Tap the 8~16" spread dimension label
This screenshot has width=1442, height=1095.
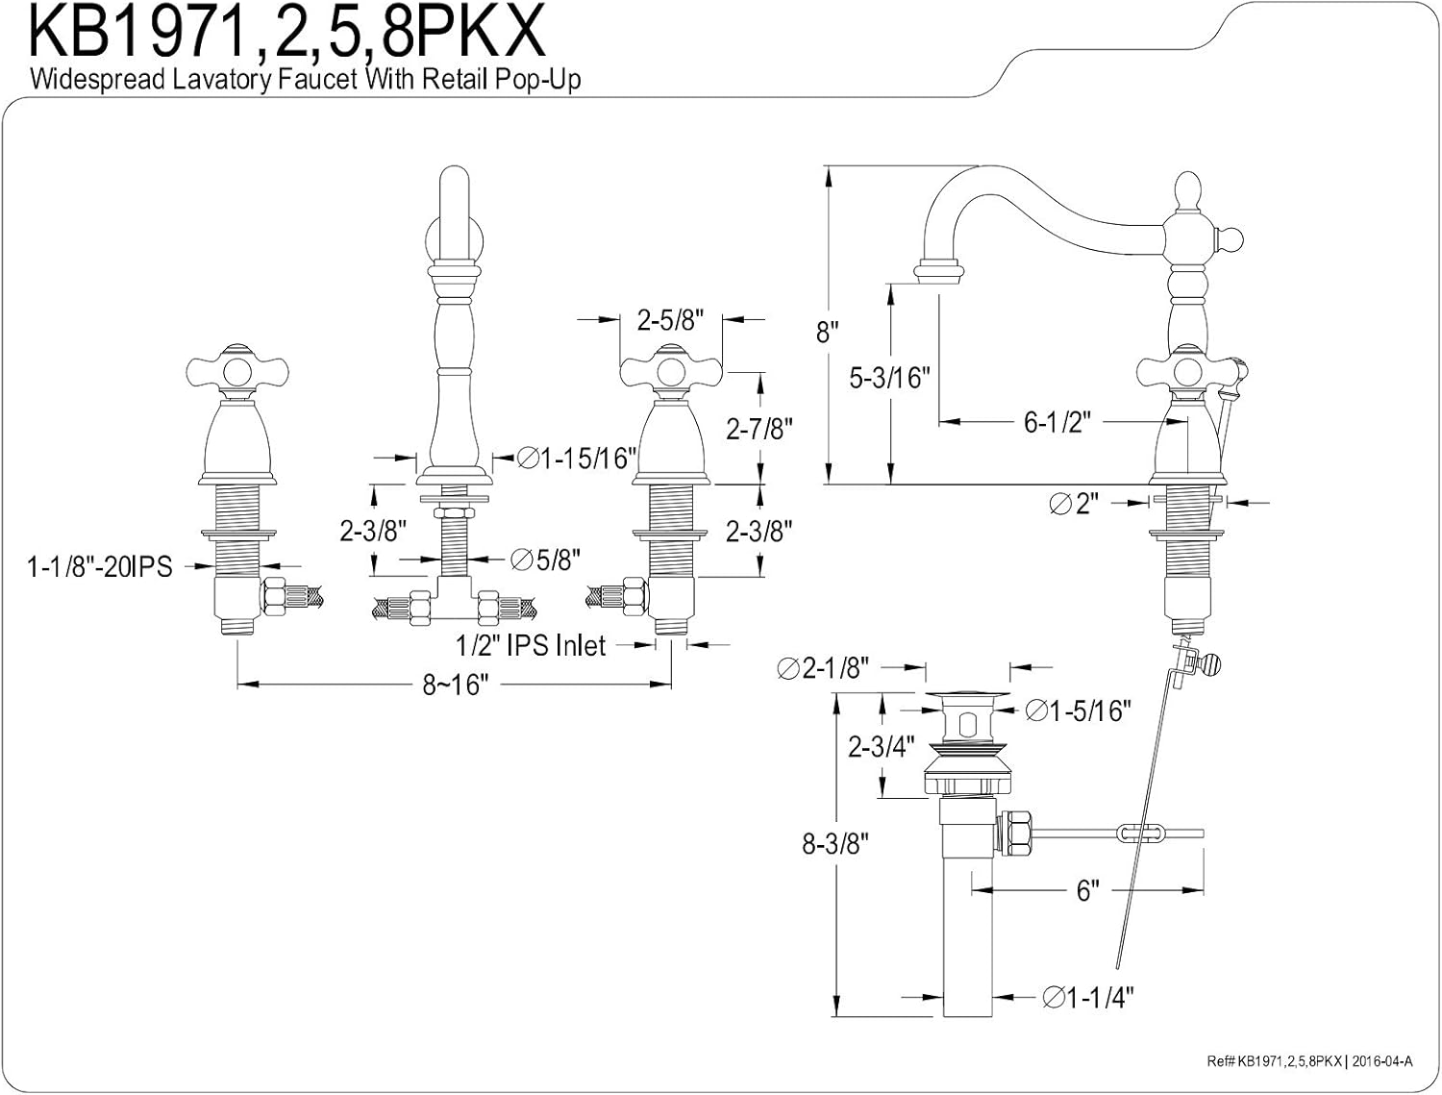(456, 685)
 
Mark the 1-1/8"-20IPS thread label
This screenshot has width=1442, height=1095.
(100, 567)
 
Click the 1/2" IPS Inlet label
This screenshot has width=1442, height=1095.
(531, 645)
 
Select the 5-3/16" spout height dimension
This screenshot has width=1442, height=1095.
(891, 378)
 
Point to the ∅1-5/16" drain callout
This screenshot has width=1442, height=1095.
(1078, 710)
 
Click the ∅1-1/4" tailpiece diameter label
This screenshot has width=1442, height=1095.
(1087, 998)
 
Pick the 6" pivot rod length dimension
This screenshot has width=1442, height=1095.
(1086, 891)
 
